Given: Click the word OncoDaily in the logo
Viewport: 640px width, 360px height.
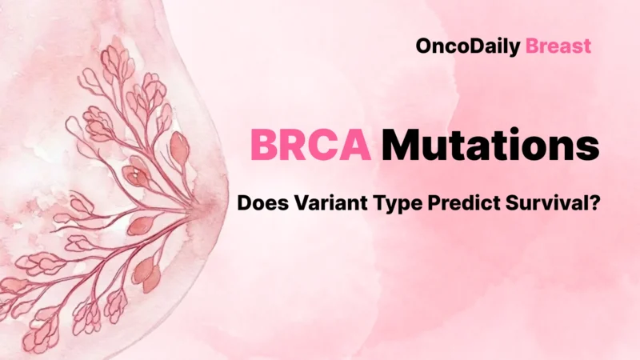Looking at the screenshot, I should [x=468, y=46].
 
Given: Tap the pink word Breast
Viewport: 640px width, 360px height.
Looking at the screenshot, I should [x=558, y=46].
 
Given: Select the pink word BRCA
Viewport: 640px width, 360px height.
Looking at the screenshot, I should [x=311, y=146].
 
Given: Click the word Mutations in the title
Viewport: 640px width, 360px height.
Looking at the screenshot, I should [x=490, y=146].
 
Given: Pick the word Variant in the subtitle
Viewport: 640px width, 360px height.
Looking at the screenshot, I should [x=320, y=204].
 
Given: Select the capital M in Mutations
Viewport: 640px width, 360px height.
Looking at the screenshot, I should [x=401, y=146].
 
